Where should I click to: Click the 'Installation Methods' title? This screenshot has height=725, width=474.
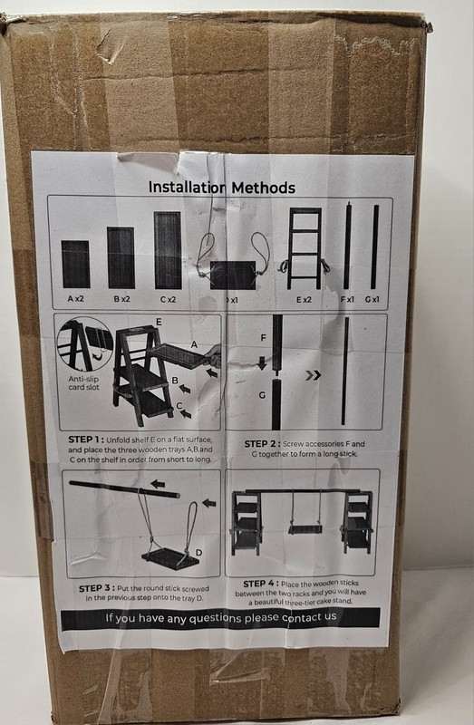[x=221, y=188]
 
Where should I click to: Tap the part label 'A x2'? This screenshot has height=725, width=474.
[x=76, y=299]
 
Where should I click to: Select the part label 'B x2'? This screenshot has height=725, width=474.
[x=122, y=299]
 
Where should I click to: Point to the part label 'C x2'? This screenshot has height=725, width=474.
[x=168, y=300]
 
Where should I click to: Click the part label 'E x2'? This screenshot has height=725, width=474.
[x=304, y=300]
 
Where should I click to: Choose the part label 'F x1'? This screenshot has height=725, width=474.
[x=347, y=299]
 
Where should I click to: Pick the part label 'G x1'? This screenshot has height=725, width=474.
[x=372, y=300]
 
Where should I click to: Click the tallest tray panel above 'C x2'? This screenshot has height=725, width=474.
[x=168, y=250]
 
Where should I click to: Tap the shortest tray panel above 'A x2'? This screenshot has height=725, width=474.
[x=75, y=264]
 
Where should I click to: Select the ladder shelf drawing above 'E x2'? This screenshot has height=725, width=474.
[x=305, y=248]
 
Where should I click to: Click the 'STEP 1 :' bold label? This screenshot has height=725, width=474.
[x=86, y=440]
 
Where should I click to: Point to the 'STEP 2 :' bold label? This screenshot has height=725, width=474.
[x=262, y=444]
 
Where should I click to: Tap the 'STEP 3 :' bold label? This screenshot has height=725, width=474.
[x=97, y=588]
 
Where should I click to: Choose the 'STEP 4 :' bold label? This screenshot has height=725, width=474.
[x=261, y=584]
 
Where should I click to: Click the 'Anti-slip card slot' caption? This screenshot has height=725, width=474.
[x=83, y=382]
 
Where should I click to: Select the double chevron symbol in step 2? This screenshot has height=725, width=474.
[x=313, y=375]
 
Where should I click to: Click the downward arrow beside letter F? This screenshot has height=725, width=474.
[x=262, y=362]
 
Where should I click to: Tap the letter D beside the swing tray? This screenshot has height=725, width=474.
[x=198, y=553]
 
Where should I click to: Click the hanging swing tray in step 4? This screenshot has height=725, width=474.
[x=305, y=528]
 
